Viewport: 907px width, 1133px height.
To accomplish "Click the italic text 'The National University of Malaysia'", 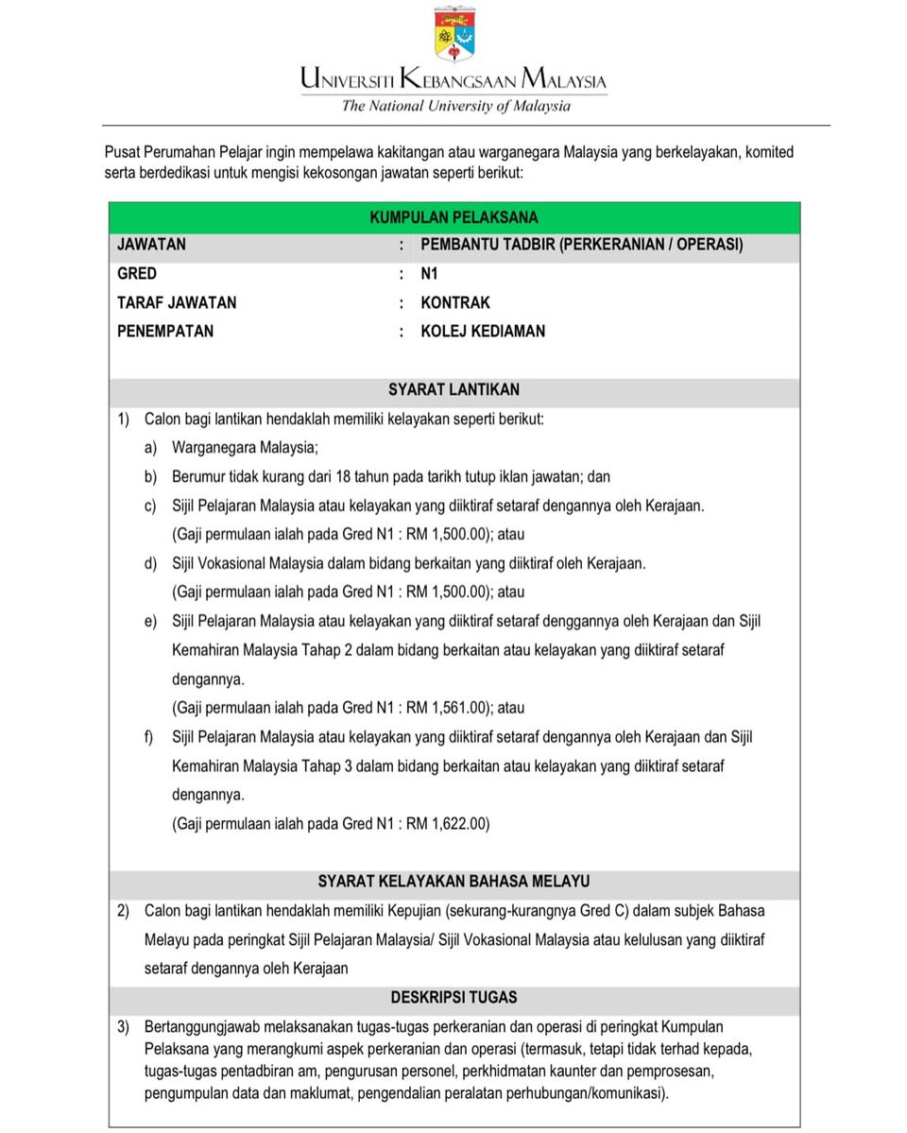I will coord(455,106).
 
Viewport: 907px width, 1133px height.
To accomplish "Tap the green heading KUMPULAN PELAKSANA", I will coord(454,216).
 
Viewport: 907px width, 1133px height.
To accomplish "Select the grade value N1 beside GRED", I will coord(430,274).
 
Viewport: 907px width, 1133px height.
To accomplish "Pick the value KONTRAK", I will coord(455,303).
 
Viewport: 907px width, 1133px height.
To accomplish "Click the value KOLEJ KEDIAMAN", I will coord(483,332).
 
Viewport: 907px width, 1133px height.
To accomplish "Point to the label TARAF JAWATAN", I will coord(177,303).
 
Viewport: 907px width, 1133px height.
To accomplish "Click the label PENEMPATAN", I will coord(165,332).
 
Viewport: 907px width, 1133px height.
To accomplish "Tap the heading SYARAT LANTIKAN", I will coord(454,389).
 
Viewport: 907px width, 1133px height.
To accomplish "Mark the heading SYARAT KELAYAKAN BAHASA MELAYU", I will coord(454,882).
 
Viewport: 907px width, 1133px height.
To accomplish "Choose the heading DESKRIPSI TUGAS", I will coord(454,997).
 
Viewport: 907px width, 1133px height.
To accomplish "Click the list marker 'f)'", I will coord(149,736).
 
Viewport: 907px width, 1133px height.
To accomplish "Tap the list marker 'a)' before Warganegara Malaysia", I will coord(150,448).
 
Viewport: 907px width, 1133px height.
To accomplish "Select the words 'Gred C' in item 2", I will coord(606,911).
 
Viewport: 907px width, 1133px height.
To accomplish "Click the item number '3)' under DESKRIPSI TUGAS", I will coord(124,1026).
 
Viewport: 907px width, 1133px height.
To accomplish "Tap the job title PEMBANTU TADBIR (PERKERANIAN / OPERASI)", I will coord(582,245).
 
